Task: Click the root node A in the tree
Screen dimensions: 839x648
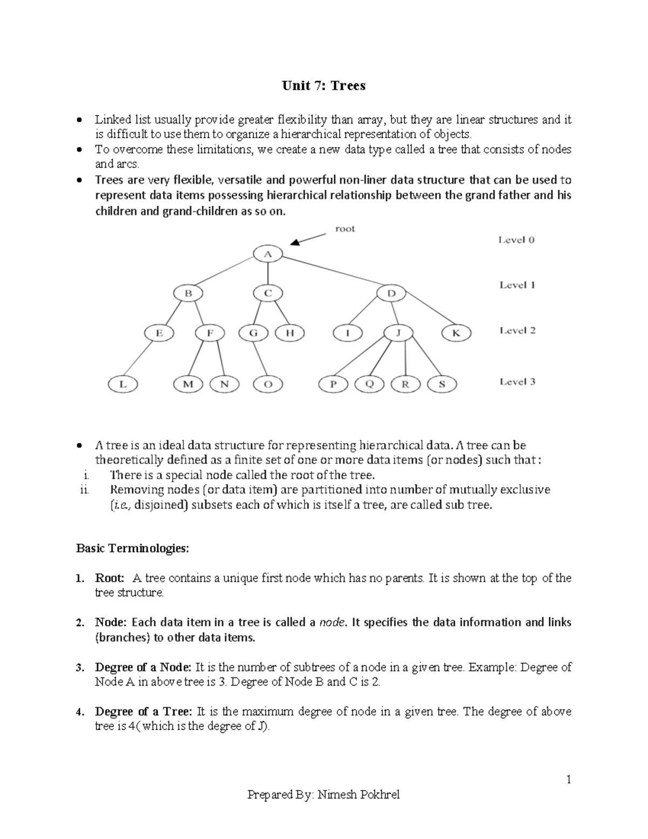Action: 268,253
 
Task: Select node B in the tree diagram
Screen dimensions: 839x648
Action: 188,293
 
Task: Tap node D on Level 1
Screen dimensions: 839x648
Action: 391,293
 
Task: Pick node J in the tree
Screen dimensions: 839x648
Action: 399,333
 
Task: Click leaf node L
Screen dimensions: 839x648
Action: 123,385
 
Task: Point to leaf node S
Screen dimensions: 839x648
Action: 442,385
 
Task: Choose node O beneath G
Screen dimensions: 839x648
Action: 268,385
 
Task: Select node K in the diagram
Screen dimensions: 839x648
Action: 456,333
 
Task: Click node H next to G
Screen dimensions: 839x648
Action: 290,333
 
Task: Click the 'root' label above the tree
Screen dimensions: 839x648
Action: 345,229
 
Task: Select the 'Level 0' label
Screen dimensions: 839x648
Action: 516,240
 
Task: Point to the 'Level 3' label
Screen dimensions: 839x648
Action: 517,382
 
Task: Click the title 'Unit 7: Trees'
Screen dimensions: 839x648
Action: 323,85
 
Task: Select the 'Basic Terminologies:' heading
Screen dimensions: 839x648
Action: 133,548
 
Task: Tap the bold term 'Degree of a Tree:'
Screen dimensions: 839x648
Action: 144,712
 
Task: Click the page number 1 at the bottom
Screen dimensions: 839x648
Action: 569,779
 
